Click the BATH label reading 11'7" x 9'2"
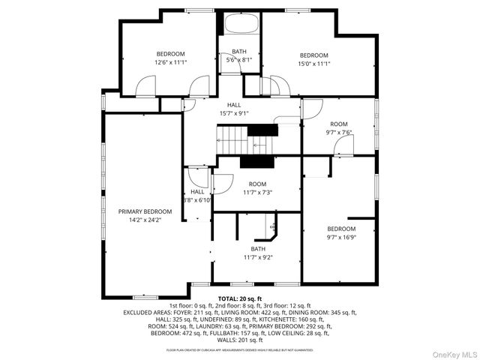tap(258, 249)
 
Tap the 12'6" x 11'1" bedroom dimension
tap(171, 63)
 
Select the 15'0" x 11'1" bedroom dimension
tap(314, 64)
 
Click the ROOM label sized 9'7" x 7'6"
tap(339, 124)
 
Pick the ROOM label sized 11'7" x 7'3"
tap(258, 184)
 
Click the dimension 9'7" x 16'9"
tap(341, 238)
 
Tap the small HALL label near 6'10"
tap(197, 192)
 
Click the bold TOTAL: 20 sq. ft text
tap(240, 298)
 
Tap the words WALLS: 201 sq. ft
tap(240, 340)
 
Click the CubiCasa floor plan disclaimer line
tap(240, 349)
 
